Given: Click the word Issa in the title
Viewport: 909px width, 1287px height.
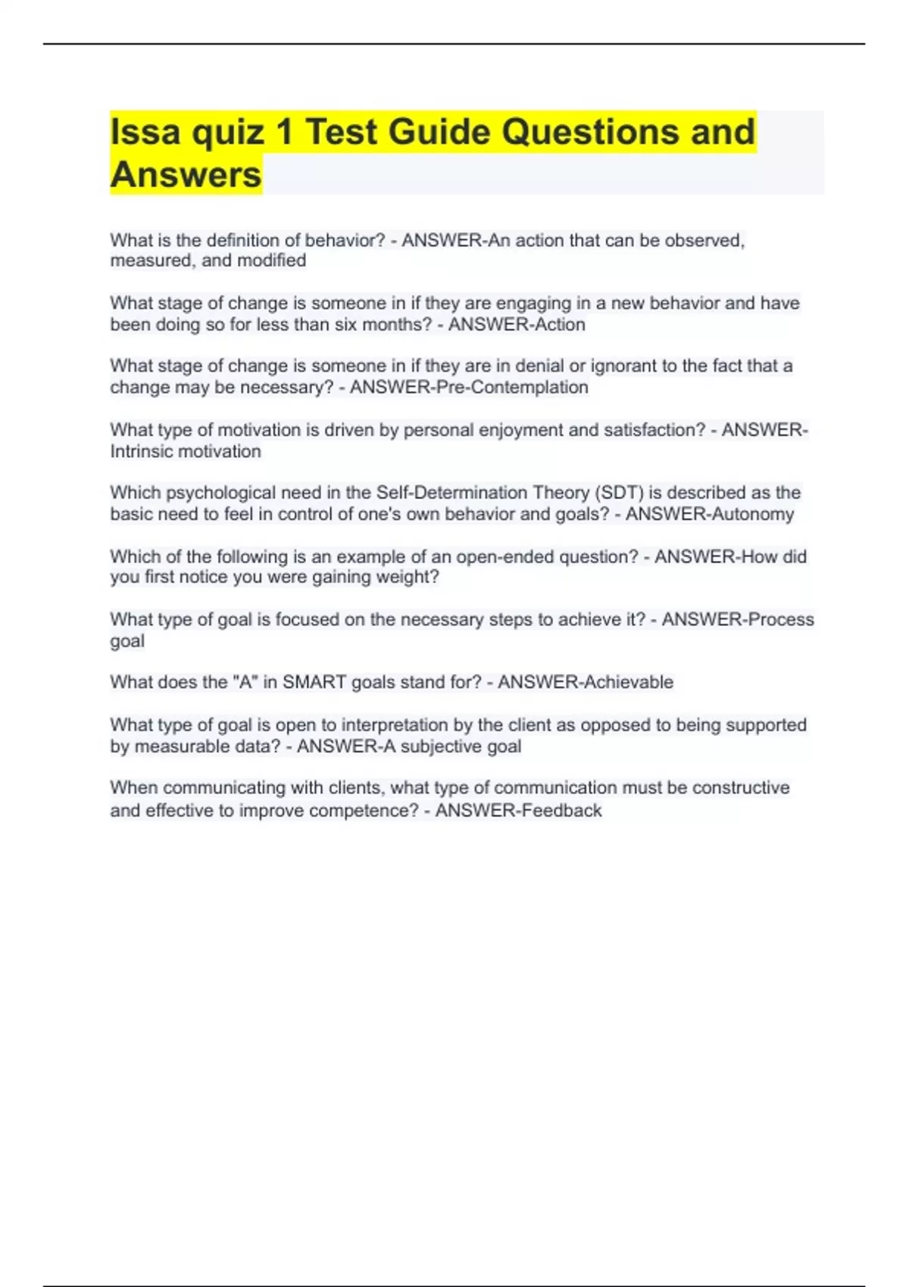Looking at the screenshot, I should tap(145, 132).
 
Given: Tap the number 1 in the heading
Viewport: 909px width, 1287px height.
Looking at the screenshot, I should tap(284, 132).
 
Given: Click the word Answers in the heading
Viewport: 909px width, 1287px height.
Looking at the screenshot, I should tap(186, 175).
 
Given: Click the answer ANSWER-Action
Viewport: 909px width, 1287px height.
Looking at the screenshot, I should tap(517, 325).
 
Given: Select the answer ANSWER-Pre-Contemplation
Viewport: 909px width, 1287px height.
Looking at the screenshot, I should tap(469, 388).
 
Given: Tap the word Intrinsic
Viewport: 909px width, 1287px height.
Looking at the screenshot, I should tap(145, 451).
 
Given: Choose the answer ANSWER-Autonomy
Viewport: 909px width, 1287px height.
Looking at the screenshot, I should tap(710, 514).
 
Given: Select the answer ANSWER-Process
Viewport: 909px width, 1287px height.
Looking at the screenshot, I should tap(738, 620).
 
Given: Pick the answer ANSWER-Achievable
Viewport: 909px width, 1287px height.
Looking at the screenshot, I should tap(585, 682).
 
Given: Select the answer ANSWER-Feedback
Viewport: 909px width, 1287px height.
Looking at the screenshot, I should tap(518, 811).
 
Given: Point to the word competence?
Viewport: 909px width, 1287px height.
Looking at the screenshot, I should tap(364, 811).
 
